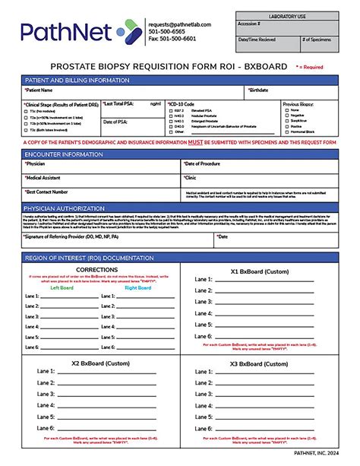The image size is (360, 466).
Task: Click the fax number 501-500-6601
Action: pyautogui.click(x=175, y=38)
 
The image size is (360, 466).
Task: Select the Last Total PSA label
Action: pyautogui.click(x=119, y=103)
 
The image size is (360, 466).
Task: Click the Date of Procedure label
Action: pyautogui.click(x=202, y=163)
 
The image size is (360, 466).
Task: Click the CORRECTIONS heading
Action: pyautogui.click(x=97, y=269)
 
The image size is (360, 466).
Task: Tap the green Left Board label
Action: pyautogui.click(x=62, y=288)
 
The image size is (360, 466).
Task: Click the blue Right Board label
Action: pyautogui.click(x=137, y=288)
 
